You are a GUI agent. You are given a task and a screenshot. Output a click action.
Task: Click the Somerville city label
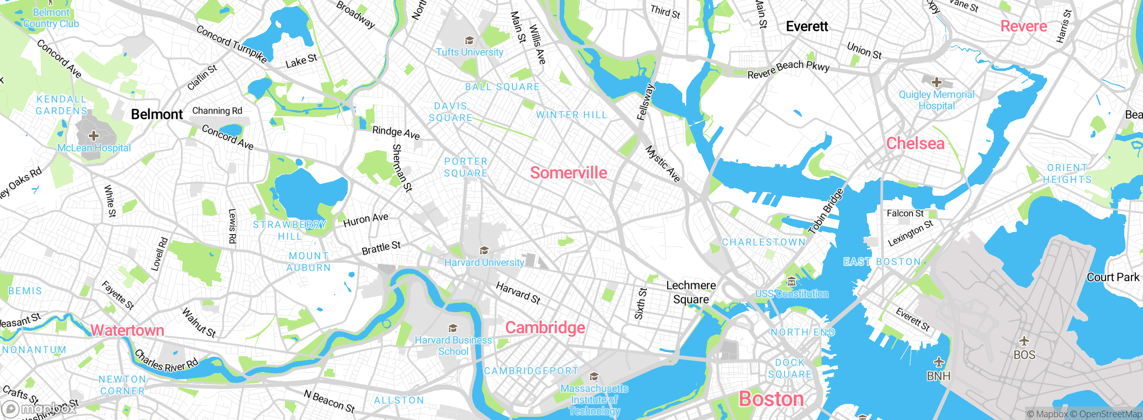(568, 173)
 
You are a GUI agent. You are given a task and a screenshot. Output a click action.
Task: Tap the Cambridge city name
(545, 328)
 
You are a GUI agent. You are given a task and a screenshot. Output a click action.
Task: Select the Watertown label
(127, 330)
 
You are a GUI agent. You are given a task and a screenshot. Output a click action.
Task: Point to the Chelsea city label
(915, 143)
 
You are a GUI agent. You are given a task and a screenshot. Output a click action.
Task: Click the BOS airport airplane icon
(1024, 341)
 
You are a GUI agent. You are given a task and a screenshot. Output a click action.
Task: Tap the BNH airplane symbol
(939, 362)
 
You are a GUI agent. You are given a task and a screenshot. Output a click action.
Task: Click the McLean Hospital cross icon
(93, 135)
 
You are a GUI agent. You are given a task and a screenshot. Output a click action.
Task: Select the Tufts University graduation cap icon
(469, 41)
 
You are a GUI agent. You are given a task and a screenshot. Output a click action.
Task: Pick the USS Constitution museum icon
(792, 281)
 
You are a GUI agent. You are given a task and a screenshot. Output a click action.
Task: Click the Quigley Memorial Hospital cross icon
(937, 83)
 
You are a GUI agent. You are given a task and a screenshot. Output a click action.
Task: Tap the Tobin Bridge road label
(826, 211)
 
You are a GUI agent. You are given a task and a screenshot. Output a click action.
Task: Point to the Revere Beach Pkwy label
(788, 69)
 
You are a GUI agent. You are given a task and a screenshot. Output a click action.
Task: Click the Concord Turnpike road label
(232, 44)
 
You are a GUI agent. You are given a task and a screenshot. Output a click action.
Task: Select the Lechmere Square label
(691, 292)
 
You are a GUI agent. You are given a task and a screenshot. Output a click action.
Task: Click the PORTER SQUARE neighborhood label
(466, 167)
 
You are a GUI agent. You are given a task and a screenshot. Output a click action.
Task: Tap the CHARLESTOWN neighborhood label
(763, 242)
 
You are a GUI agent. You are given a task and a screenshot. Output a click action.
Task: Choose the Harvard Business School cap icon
(453, 328)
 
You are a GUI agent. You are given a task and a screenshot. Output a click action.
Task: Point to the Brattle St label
(381, 248)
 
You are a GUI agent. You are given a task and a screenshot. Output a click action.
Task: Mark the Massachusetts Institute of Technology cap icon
(594, 377)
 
